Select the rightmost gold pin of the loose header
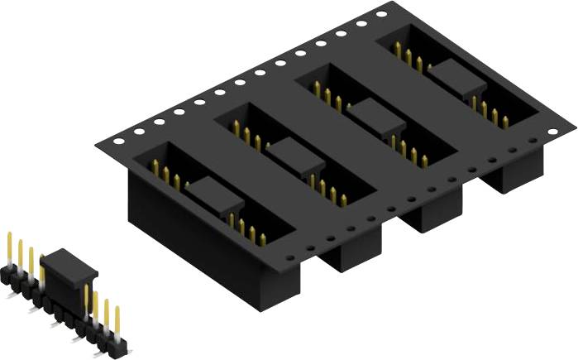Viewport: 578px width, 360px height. pos(117,323)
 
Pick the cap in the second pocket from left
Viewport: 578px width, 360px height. pos(289,152)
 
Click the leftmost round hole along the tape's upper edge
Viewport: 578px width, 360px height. pos(118,142)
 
